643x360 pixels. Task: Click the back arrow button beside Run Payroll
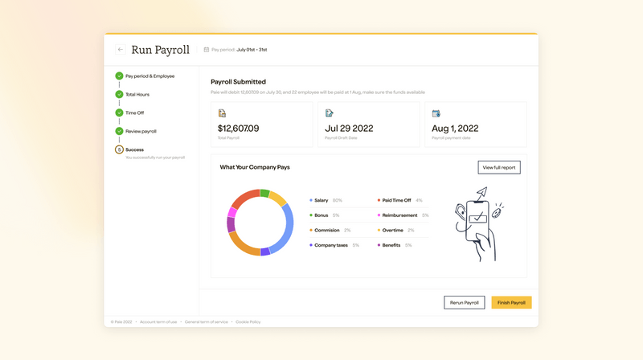121,50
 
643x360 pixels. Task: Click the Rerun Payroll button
465,303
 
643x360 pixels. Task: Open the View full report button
499,167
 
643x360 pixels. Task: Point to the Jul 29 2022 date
348,128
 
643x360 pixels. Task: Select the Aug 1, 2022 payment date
455,128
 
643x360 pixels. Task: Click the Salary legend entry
321,200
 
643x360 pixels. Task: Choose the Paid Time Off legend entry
395,200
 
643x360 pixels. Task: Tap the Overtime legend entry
392,231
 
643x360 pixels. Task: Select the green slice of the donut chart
264,193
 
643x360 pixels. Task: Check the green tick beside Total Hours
119,94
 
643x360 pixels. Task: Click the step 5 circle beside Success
119,149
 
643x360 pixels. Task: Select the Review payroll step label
141,131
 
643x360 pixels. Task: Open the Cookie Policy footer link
248,322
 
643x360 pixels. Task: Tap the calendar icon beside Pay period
207,50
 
